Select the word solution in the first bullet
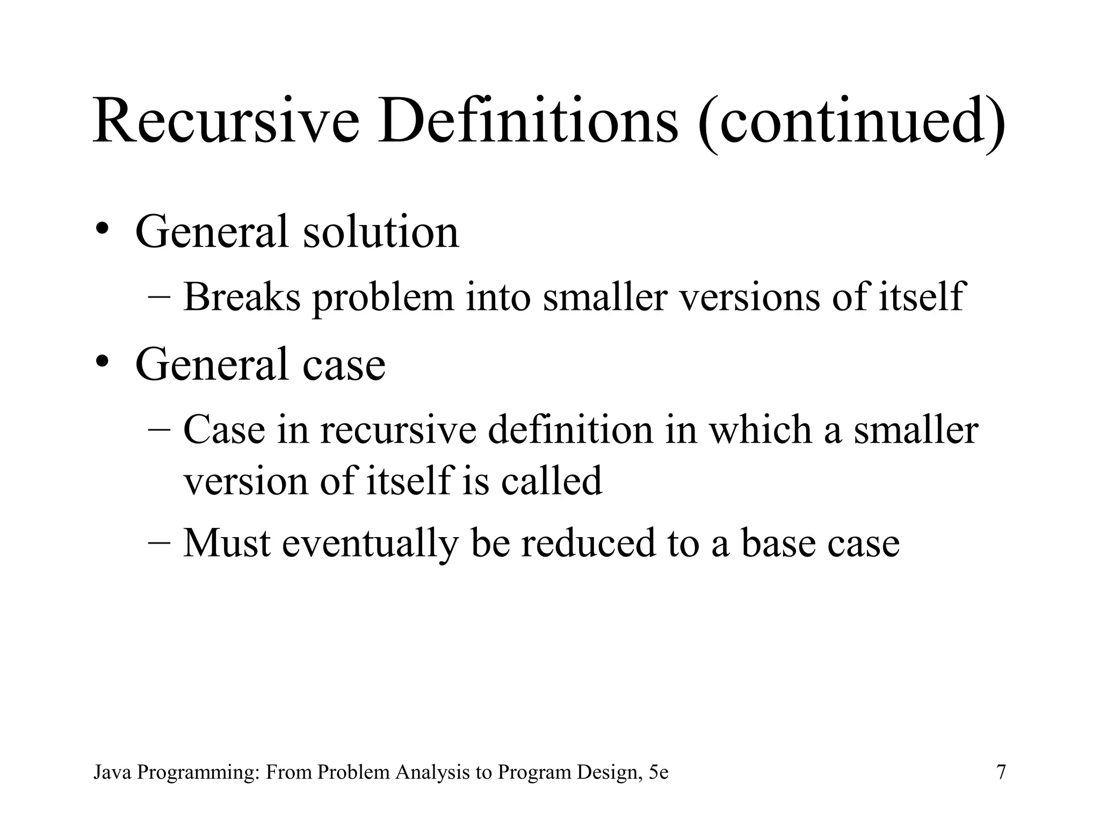click(381, 231)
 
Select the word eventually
click(370, 544)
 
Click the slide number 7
click(1001, 772)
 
